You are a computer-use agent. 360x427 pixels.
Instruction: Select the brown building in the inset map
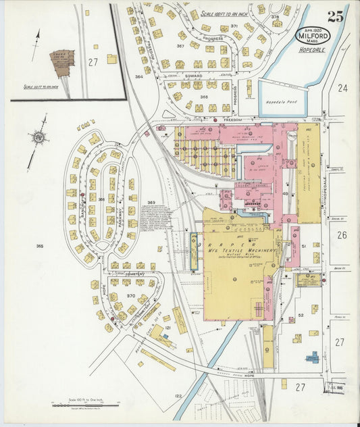coord(62,62)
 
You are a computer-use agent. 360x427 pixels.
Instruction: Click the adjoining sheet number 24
coord(342,88)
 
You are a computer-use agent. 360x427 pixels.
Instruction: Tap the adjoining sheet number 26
coord(342,235)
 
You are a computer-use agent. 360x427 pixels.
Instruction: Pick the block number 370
coord(130,297)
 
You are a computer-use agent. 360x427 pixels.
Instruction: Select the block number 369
coord(151,203)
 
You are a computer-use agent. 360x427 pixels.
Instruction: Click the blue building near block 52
coord(312,356)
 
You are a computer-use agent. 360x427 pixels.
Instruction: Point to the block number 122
coord(178,395)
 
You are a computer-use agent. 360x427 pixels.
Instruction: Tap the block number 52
coord(301,315)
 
